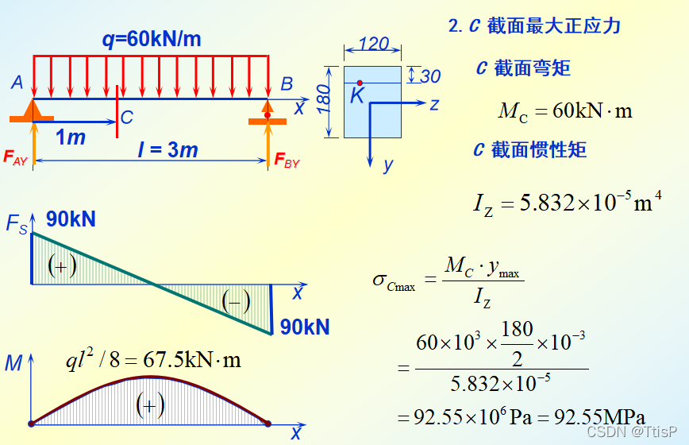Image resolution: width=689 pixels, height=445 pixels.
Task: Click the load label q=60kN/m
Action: [x=151, y=39]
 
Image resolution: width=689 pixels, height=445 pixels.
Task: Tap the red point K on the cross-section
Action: [x=360, y=83]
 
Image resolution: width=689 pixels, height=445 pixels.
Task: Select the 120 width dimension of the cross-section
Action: [x=373, y=44]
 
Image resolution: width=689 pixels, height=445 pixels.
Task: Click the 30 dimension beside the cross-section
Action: [x=429, y=76]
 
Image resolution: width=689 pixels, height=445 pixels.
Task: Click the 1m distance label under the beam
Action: [x=71, y=138]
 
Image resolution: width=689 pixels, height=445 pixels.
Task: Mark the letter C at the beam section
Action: [x=127, y=118]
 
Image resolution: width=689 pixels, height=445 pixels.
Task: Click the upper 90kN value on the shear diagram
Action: [x=71, y=219]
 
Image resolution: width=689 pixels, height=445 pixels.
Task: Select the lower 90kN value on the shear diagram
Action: [x=304, y=327]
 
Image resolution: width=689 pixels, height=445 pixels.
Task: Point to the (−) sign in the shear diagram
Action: [x=236, y=301]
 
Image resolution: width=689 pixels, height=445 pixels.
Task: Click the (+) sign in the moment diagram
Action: [x=150, y=405]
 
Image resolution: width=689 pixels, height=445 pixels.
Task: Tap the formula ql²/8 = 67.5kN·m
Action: [x=153, y=359]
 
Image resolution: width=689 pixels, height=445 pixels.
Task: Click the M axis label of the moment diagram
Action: [x=13, y=364]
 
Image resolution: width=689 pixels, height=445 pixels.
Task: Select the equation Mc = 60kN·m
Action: [x=565, y=110]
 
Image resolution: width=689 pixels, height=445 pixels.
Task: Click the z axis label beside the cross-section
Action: [x=434, y=104]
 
